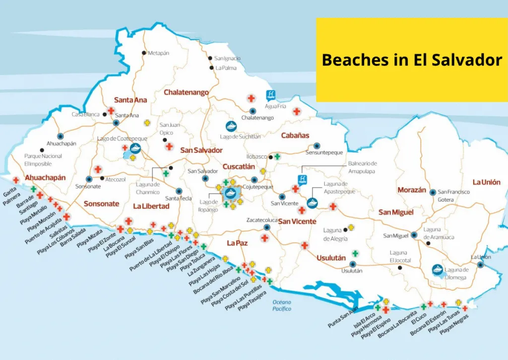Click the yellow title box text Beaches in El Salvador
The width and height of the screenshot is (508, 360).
[x=412, y=60]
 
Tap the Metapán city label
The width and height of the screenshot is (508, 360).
[x=159, y=53]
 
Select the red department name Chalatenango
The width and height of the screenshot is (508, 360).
[x=186, y=92]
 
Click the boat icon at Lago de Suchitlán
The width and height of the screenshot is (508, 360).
[x=231, y=126]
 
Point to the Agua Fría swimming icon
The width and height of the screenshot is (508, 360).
[x=271, y=95]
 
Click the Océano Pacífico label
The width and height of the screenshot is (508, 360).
[x=281, y=305]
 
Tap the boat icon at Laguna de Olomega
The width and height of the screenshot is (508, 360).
[x=438, y=269]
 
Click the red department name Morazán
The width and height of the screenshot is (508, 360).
[x=411, y=190]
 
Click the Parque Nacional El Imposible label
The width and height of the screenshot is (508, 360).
[x=43, y=159]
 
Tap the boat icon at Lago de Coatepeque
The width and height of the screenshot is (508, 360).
[x=135, y=147]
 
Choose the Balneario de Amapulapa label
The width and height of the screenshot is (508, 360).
[x=362, y=167]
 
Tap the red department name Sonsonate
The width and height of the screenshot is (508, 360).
[x=101, y=204]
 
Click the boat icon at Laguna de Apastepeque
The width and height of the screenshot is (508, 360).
[x=313, y=202]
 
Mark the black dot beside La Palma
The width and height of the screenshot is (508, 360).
[x=211, y=68]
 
